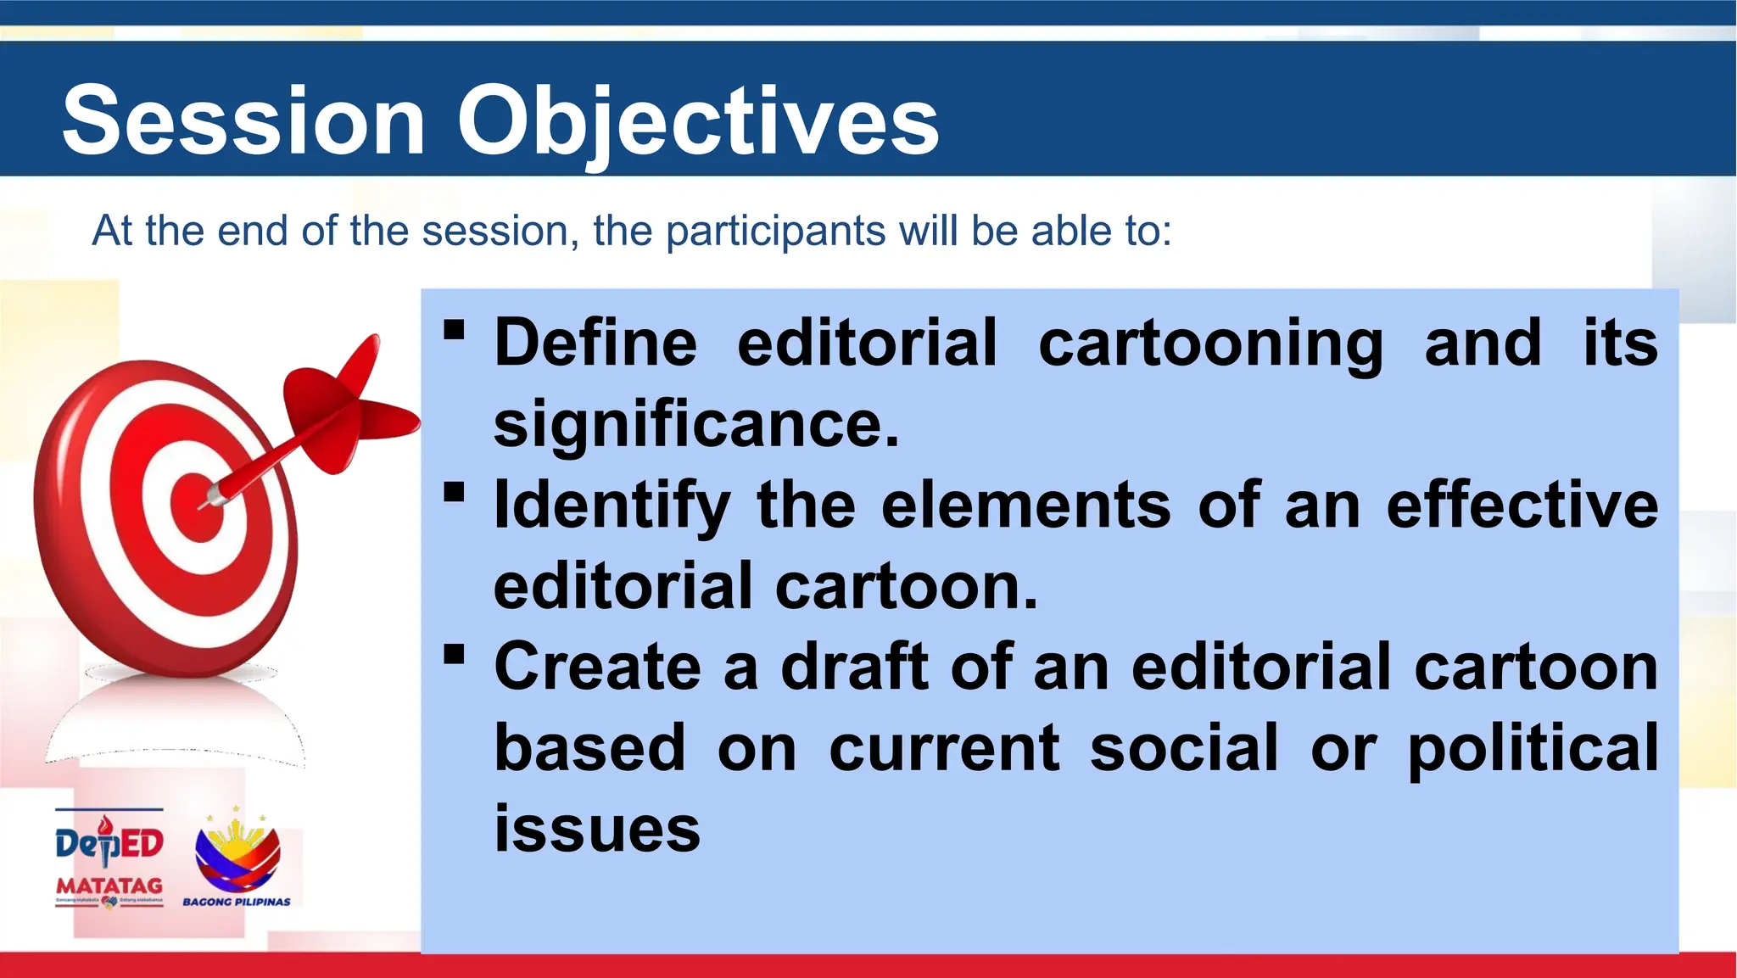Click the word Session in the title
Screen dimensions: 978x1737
pyautogui.click(x=243, y=121)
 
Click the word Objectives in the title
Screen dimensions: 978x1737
pyautogui.click(x=697, y=121)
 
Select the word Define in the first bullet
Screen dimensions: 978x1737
pyautogui.click(x=595, y=343)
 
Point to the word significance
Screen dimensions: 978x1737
pyautogui.click(x=695, y=423)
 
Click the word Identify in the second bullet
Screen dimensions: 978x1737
pyautogui.click(x=612, y=505)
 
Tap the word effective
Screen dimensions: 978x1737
pyautogui.click(x=1522, y=505)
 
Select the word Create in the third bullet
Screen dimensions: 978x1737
pyautogui.click(x=597, y=667)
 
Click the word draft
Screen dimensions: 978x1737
pyautogui.click(x=854, y=667)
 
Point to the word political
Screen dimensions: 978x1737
pyautogui.click(x=1532, y=748)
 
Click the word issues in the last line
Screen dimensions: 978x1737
pyautogui.click(x=597, y=829)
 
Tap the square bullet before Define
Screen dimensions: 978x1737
pyautogui.click(x=455, y=329)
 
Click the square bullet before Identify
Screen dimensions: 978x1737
pyautogui.click(x=455, y=492)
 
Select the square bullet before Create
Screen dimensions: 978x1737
pyautogui.click(x=455, y=654)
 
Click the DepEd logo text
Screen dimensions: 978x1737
pyautogui.click(x=109, y=843)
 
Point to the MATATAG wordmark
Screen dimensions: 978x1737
pyautogui.click(x=109, y=886)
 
